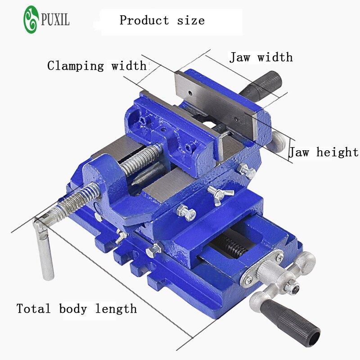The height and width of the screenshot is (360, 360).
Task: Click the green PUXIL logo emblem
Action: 31,19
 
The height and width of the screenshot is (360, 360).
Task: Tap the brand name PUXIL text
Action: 55,20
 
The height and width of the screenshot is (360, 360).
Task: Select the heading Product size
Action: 162,20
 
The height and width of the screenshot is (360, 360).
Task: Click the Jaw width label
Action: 261,58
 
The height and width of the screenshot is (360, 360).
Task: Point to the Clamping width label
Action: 97,66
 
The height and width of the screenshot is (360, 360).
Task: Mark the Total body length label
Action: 76,309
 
